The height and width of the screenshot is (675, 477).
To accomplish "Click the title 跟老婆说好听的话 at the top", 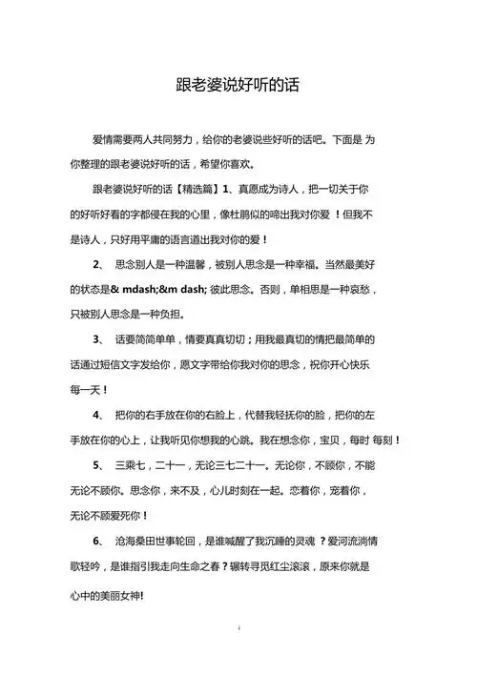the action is click(238, 85).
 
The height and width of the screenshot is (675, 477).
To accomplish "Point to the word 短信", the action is click(120, 363).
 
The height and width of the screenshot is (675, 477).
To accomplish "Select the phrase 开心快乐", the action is click(356, 363).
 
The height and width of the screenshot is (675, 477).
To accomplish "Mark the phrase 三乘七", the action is click(132, 466).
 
